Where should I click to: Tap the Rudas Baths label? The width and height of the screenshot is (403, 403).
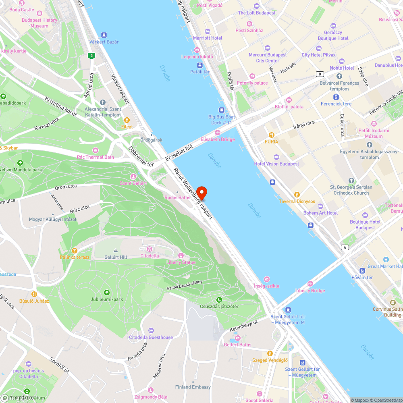click(x=177, y=197)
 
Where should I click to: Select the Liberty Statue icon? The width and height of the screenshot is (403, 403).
click(x=181, y=256)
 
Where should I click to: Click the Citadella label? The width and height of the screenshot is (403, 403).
click(x=150, y=256)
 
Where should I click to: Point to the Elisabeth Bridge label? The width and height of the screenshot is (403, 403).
click(x=218, y=139)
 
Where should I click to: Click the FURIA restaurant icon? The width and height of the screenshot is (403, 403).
click(x=272, y=135)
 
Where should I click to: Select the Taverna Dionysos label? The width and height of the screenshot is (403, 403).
click(x=297, y=201)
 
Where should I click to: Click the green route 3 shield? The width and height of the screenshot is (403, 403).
click(x=92, y=56)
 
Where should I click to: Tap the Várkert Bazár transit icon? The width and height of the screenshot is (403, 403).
click(x=104, y=35)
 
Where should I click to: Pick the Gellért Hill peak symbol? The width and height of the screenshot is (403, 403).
click(x=116, y=251)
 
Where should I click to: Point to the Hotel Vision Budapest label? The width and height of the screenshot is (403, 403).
click(x=276, y=164)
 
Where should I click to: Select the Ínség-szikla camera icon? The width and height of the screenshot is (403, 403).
click(x=267, y=279)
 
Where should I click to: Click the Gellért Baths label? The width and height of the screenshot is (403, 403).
click(x=237, y=345)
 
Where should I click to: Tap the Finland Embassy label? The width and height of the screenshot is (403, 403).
click(x=193, y=387)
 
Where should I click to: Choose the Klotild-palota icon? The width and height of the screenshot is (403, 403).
click(x=289, y=100)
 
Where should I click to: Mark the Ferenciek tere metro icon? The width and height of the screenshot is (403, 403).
click(x=336, y=97)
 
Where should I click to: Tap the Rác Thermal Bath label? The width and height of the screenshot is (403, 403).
click(x=96, y=157)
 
